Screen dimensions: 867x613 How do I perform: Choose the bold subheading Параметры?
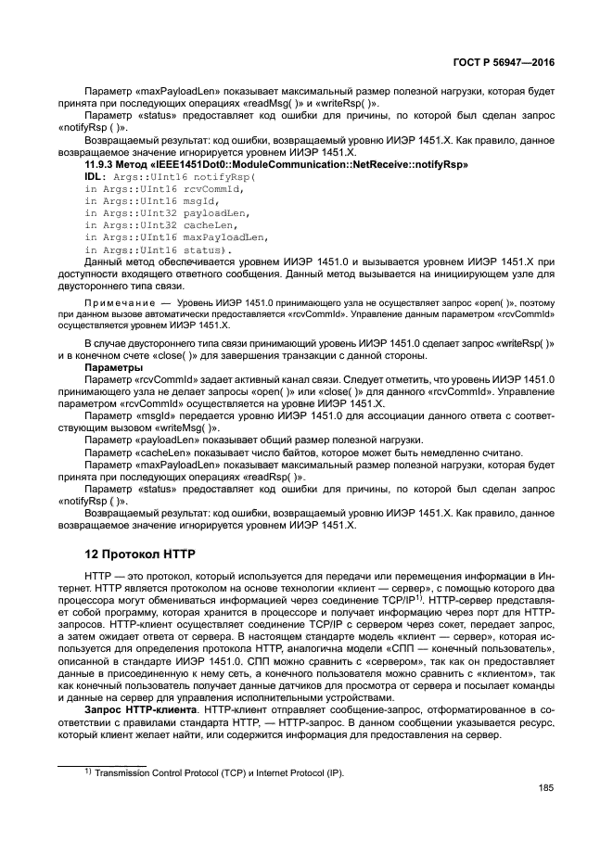click(x=111, y=366)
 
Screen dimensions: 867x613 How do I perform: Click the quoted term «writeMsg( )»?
click(x=188, y=428)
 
